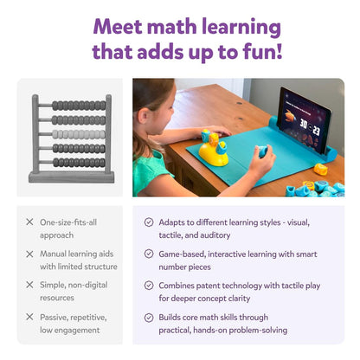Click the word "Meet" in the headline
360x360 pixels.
(118, 27)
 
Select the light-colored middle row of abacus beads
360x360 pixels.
(79, 134)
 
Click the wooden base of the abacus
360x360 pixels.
(71, 177)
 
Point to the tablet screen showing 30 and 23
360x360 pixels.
(305, 121)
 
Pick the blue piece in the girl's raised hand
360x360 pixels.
(262, 151)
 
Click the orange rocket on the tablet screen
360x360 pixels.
(290, 116)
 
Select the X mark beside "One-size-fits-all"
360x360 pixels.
(29, 222)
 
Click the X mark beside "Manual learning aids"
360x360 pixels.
(29, 254)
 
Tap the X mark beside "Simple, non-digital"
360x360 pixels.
(29, 285)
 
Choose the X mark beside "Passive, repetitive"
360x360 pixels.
(29, 317)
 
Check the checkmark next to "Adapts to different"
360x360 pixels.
(149, 222)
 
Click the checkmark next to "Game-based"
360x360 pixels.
(149, 254)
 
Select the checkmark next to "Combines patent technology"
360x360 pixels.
(149, 286)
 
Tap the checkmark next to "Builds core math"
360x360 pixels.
(149, 318)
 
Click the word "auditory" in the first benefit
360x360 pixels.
(215, 235)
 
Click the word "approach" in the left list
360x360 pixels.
(57, 236)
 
